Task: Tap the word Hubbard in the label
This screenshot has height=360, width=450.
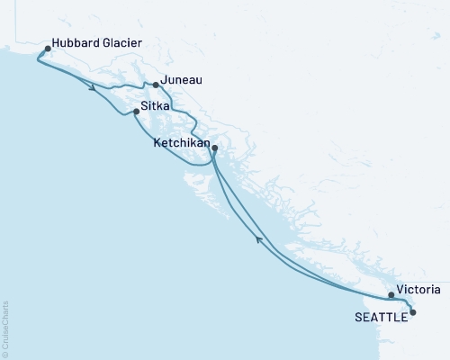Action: [x=76, y=42]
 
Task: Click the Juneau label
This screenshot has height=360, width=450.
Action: [x=183, y=79]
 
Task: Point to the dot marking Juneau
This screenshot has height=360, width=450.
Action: [x=156, y=85]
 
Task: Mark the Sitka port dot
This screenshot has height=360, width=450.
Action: [x=136, y=112]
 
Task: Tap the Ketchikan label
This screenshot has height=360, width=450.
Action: [x=182, y=142]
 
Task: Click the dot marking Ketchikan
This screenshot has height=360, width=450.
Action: [x=214, y=148]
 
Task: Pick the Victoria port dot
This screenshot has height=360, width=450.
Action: [x=391, y=295]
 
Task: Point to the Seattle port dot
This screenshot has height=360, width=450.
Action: [x=413, y=312]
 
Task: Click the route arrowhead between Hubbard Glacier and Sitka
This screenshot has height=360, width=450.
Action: [x=94, y=88]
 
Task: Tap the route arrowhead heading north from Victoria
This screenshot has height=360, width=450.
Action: [x=261, y=238]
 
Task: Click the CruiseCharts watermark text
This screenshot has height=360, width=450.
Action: [x=5, y=325]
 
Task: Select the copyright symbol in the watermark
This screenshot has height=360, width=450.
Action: [x=5, y=352]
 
